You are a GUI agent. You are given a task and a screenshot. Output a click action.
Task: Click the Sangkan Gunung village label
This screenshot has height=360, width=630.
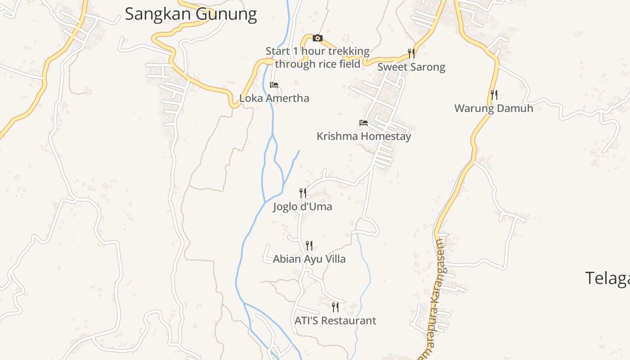pyautogui.click(x=191, y=14)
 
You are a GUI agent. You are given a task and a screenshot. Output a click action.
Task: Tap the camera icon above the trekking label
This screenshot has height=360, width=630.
pyautogui.click(x=318, y=38)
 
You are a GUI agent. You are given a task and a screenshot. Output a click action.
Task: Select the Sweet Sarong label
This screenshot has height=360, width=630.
pyautogui.click(x=411, y=67)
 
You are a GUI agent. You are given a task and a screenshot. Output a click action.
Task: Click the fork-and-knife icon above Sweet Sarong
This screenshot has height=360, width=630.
pyautogui.click(x=411, y=54)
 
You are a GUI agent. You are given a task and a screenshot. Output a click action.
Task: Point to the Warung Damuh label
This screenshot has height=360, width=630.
pyautogui.click(x=494, y=108)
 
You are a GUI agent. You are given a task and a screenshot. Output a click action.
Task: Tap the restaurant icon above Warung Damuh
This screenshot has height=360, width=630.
pyautogui.click(x=494, y=95)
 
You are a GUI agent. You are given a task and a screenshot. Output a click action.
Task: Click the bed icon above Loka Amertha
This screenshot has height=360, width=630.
pyautogui.click(x=274, y=85)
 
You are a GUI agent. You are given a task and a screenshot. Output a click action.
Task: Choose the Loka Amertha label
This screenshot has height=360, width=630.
pyautogui.click(x=274, y=98)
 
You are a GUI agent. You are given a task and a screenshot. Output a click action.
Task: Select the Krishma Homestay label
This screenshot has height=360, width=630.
pyautogui.click(x=364, y=136)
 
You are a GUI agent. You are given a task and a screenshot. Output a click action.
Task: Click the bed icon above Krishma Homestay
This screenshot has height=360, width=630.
pyautogui.click(x=364, y=122)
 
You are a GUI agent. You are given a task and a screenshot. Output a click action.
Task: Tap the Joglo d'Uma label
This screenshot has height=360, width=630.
pyautogui.click(x=302, y=207)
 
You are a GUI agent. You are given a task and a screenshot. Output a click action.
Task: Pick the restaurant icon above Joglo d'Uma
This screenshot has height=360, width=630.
pyautogui.click(x=303, y=193)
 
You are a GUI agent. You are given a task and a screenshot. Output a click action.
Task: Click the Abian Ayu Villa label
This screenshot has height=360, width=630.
pyautogui.click(x=309, y=259)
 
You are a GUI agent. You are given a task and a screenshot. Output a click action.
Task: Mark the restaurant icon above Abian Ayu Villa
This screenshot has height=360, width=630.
pyautogui.click(x=309, y=246)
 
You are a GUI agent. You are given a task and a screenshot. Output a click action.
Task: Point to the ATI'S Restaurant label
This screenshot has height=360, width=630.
pyautogui.click(x=335, y=320)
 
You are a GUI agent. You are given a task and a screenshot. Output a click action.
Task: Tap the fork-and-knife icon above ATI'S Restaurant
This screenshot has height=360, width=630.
pyautogui.click(x=335, y=307)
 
